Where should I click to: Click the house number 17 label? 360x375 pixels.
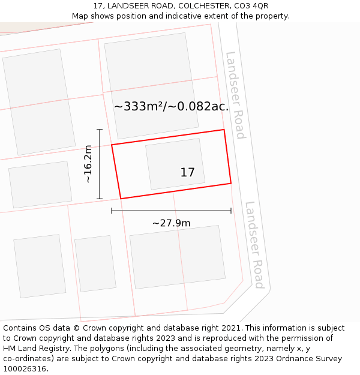click(x=187, y=173)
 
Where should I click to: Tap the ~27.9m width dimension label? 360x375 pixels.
click(x=171, y=223)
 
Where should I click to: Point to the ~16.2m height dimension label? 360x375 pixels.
click(x=88, y=164)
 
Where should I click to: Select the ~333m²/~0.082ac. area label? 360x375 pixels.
click(x=172, y=106)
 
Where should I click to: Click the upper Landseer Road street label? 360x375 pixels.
click(x=235, y=95)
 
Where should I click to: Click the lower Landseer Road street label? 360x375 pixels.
click(x=254, y=244)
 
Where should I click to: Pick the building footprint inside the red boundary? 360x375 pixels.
click(x=174, y=164)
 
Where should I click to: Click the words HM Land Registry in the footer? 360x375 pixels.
click(x=36, y=349)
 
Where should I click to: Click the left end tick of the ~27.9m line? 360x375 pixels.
click(x=112, y=211)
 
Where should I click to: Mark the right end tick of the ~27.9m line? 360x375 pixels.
click(x=231, y=211)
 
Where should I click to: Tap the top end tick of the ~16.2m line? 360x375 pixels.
click(x=100, y=130)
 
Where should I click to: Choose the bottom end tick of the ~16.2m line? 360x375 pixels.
click(x=100, y=199)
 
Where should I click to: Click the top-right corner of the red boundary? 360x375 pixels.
click(x=224, y=130)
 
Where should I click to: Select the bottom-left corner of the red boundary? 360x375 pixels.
click(x=121, y=199)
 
